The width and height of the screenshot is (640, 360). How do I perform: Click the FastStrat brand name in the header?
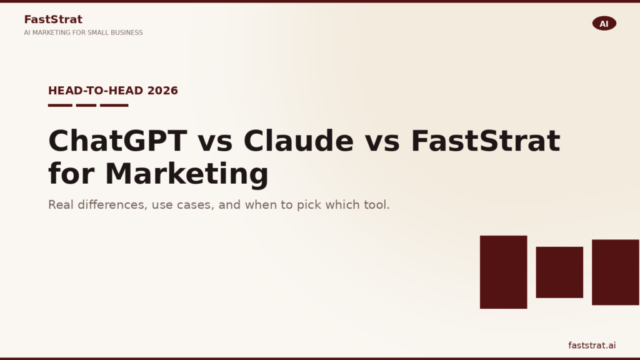(x=53, y=19)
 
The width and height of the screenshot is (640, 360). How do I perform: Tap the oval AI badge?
(x=604, y=24)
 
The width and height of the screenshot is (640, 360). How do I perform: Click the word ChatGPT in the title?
(x=117, y=141)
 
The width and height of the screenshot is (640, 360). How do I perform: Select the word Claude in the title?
(x=298, y=141)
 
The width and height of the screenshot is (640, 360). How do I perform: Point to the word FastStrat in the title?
(x=485, y=141)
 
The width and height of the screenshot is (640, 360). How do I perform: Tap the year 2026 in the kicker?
(x=162, y=91)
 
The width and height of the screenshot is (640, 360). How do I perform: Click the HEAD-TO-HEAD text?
(x=96, y=91)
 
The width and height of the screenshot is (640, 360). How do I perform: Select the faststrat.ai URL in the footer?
(x=592, y=346)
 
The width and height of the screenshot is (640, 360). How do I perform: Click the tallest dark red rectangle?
(x=503, y=272)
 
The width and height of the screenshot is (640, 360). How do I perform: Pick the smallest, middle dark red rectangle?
(x=559, y=272)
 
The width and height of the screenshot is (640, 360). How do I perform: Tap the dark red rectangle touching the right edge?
(x=616, y=272)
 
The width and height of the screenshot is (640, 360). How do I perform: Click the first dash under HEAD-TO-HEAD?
(x=60, y=105)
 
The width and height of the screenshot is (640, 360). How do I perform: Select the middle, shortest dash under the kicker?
(x=86, y=105)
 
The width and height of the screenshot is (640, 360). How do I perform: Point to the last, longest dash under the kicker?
(x=114, y=105)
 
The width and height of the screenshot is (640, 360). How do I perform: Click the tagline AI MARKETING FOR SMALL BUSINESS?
(x=83, y=32)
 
